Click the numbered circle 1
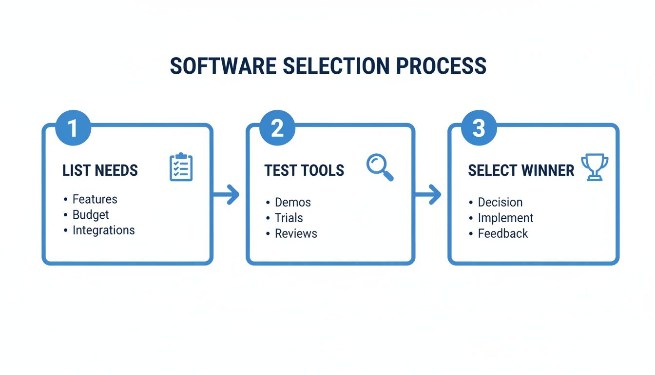click(x=73, y=128)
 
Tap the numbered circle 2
click(x=277, y=128)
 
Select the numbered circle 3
click(x=479, y=128)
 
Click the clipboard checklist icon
click(x=181, y=167)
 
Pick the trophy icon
click(x=595, y=167)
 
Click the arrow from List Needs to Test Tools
click(x=227, y=195)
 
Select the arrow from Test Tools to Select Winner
click(x=428, y=195)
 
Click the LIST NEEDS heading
click(x=100, y=170)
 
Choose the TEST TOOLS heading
click(x=304, y=170)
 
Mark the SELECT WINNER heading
click(x=521, y=170)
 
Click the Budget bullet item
click(x=91, y=215)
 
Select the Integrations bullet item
click(x=103, y=230)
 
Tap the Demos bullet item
click(x=292, y=202)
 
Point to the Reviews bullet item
click(x=296, y=233)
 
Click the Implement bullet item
click(x=505, y=218)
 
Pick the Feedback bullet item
click(x=502, y=233)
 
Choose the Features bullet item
click(x=95, y=199)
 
